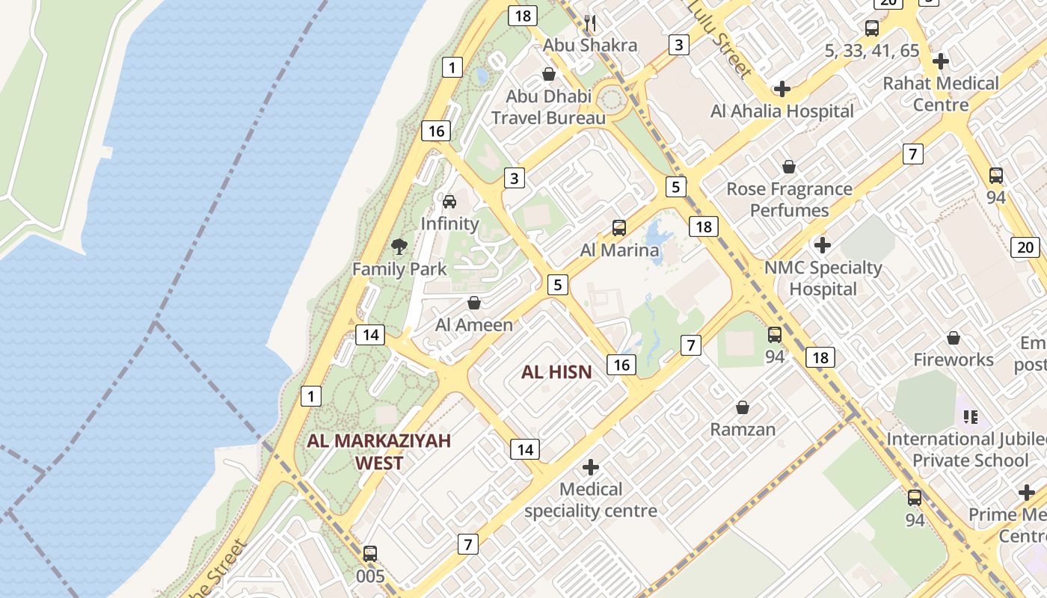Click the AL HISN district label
point(556,372)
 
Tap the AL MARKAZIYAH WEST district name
point(379,451)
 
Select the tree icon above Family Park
point(399,246)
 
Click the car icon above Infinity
point(449,201)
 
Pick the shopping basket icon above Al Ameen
point(473,303)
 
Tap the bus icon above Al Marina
point(619,228)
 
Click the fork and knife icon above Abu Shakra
point(590,23)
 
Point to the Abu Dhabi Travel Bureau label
point(548,107)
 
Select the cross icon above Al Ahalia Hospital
point(782,89)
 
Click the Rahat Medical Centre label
point(941,93)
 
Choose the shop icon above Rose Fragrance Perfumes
point(789,167)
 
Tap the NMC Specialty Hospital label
point(823,277)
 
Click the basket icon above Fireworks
point(954,339)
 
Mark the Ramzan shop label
point(743,429)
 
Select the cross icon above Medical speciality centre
point(591,467)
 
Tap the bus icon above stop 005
point(370,554)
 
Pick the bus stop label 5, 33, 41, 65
point(872,51)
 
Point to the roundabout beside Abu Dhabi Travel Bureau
point(612,98)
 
